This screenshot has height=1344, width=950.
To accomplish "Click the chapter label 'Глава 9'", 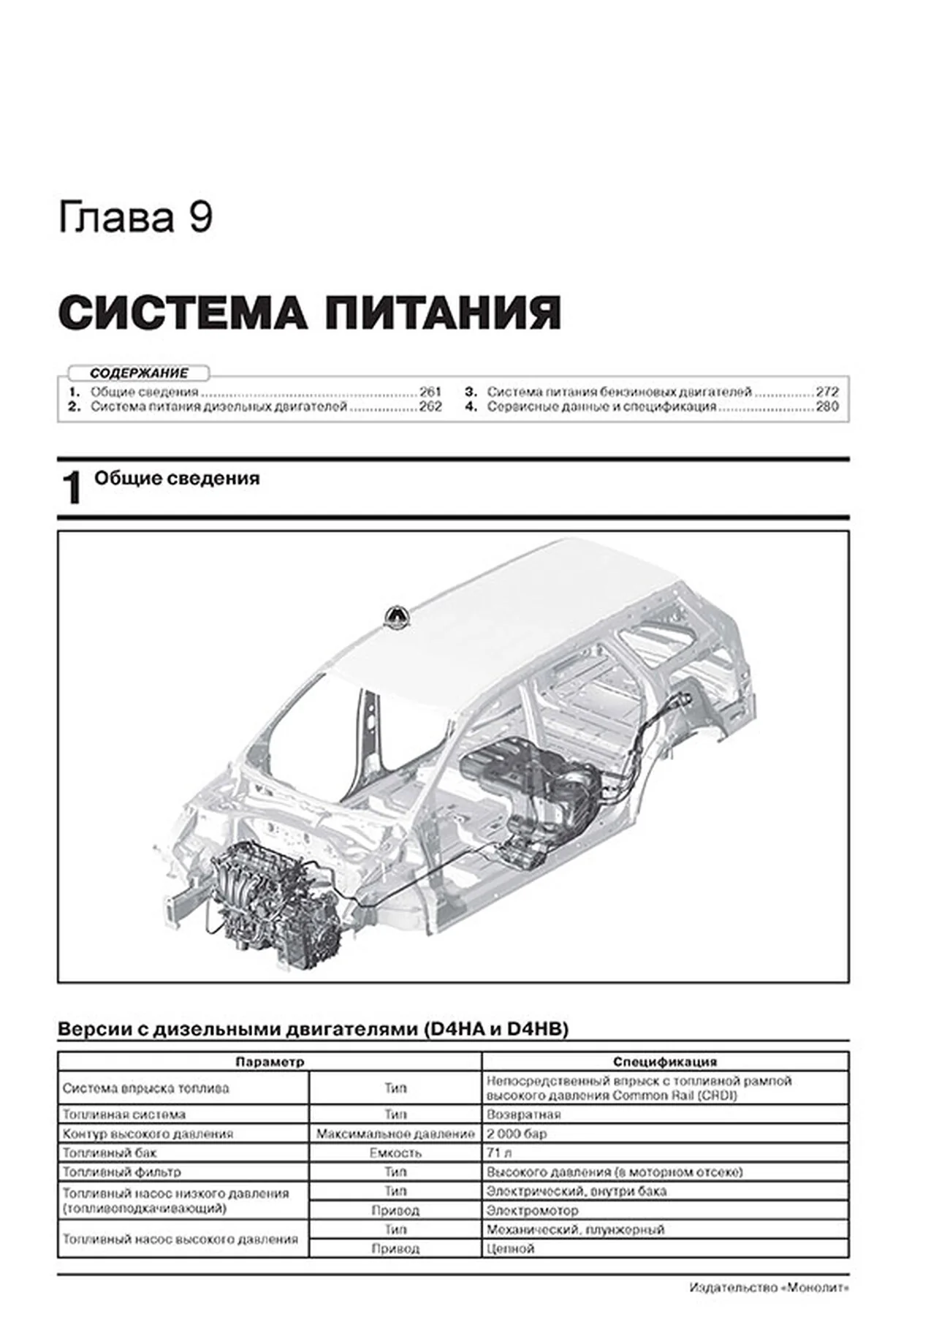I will click(x=135, y=218).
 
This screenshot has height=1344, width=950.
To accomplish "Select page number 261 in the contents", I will click(x=430, y=392).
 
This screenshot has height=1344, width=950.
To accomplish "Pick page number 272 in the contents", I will click(x=826, y=392).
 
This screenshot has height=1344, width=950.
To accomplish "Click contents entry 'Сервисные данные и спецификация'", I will click(x=601, y=407).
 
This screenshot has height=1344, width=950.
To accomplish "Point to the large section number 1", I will click(x=72, y=489).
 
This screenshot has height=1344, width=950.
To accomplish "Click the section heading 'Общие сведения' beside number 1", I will click(x=177, y=479).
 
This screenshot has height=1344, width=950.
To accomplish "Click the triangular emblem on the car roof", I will click(x=396, y=617).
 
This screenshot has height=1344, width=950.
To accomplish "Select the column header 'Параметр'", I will click(x=270, y=1062).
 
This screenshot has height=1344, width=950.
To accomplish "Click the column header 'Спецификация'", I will click(x=664, y=1062).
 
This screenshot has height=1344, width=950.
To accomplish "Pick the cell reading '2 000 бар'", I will click(x=517, y=1134).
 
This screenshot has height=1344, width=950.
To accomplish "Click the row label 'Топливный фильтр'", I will click(x=121, y=1172).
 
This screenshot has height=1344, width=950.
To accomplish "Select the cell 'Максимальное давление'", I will click(x=395, y=1134).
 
